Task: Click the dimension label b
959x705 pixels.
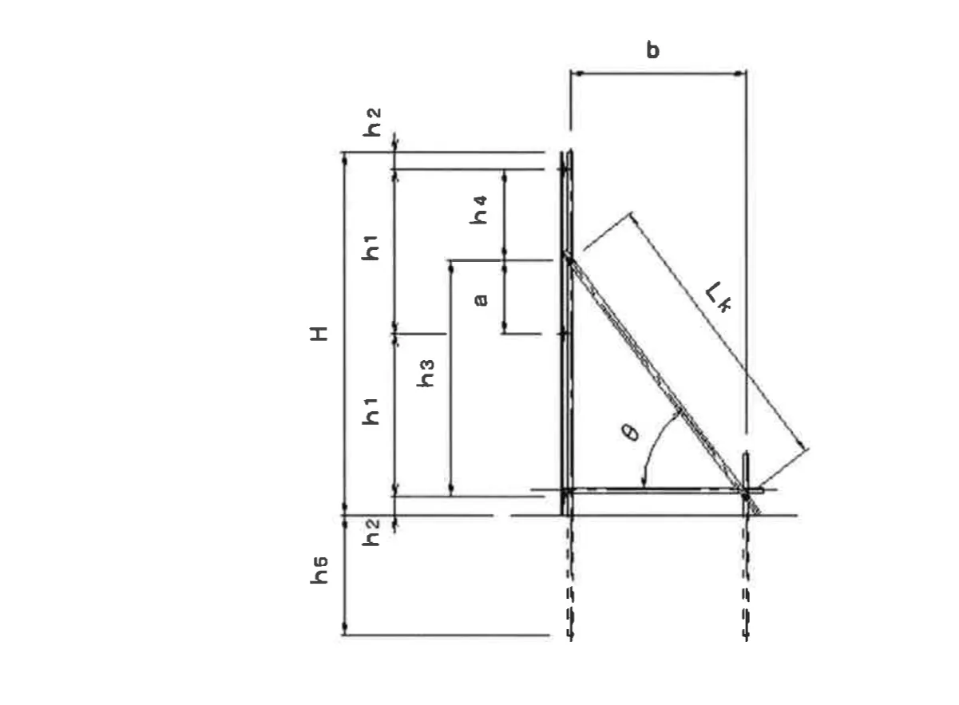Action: point(652,50)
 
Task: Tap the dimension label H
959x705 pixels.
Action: point(319,334)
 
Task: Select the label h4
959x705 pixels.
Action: point(478,210)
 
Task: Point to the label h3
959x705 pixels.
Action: point(426,374)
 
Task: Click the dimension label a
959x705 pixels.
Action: point(481,299)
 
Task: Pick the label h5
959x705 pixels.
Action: point(319,570)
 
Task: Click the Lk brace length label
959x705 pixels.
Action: point(718,297)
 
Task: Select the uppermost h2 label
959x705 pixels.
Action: point(371,122)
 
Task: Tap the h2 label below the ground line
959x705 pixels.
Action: point(371,532)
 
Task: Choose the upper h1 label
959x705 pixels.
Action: point(371,248)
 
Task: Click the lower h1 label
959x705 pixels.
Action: point(371,412)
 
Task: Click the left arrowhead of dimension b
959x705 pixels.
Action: point(577,73)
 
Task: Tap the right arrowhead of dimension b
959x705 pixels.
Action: point(739,73)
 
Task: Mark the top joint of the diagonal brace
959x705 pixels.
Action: point(569,259)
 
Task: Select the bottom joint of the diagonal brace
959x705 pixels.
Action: point(745,496)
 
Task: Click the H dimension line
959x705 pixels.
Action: point(345,334)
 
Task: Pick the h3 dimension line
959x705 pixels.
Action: point(450,378)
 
